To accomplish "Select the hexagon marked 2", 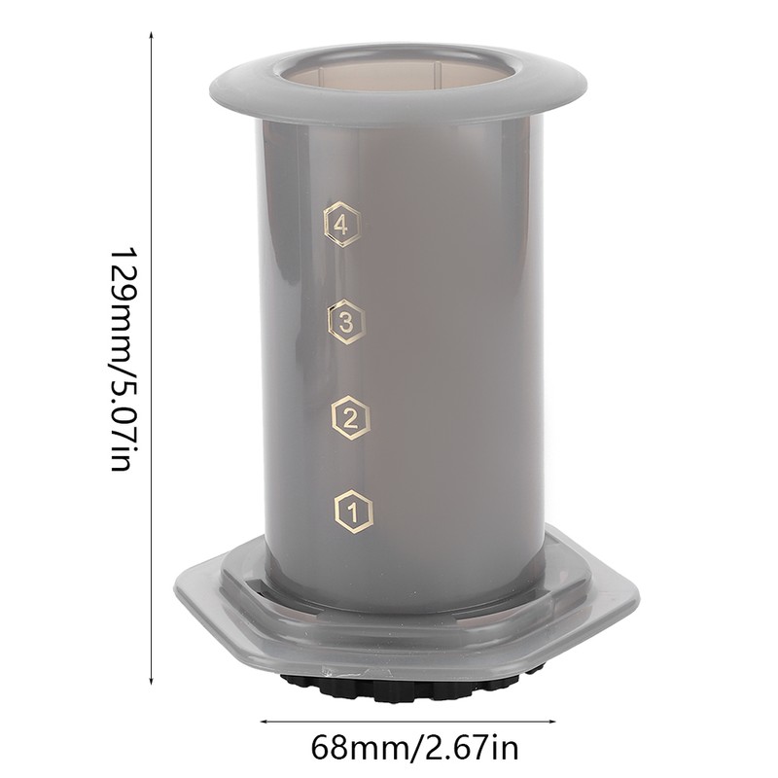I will pos(350,418).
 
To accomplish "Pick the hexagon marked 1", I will pos(353,510).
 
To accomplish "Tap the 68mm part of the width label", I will pos(354,750).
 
